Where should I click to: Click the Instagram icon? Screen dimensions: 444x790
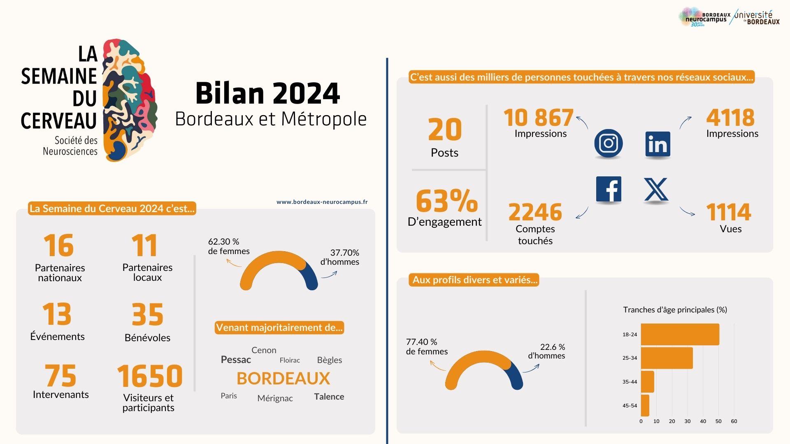pos(608,143)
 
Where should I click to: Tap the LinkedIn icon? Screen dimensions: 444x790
pos(658,144)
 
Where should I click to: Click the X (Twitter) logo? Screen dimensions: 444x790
pos(656,190)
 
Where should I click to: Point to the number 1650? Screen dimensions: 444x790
pos(150,376)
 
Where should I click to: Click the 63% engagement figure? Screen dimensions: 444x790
pos(447,201)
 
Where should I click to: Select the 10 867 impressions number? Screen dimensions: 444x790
pos(539,118)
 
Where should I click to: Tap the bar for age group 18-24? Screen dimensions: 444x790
pos(680,334)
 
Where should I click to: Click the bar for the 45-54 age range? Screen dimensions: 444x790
pos(645,405)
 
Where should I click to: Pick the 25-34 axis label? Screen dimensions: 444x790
pos(630,358)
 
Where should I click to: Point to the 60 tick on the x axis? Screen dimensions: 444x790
pos(734,421)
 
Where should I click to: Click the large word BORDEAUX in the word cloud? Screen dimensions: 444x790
pos(283,379)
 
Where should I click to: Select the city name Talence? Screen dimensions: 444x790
pos(329,397)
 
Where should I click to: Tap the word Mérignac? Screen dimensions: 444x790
pos(275,398)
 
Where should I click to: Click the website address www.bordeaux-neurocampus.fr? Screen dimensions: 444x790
pos(322,202)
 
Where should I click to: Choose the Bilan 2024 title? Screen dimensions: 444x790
pos(267,93)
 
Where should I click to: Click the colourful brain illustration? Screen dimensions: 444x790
pos(129,101)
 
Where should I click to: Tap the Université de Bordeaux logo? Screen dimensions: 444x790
pos(757,18)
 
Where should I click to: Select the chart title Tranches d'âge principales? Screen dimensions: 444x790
pos(675,310)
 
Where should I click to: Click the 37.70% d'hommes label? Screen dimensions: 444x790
pos(340,257)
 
